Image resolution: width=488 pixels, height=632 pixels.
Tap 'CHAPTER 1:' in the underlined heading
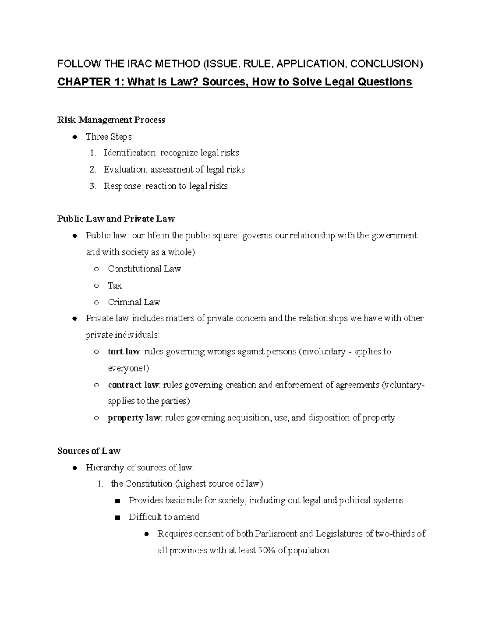pos(90,82)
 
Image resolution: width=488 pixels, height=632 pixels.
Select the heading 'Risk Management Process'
pos(111,120)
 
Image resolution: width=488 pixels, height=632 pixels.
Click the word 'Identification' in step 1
pos(130,153)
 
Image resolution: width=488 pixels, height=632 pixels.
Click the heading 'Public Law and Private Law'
pos(116,219)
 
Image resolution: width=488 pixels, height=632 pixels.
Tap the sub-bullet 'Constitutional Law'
pos(144,269)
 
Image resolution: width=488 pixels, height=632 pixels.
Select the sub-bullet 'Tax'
pos(115,286)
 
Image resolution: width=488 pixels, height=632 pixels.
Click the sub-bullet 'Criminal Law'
pos(134,302)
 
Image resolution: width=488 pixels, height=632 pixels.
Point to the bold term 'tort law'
pos(124,352)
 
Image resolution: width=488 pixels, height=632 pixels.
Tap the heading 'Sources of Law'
pos(89,451)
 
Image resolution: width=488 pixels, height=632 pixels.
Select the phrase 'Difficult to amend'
pos(164,517)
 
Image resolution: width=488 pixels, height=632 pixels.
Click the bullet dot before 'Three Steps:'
pos(74,137)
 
